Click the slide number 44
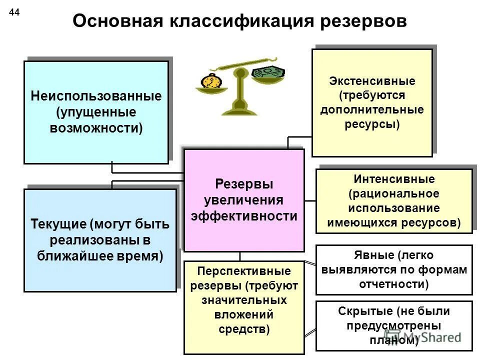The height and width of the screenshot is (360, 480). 14,13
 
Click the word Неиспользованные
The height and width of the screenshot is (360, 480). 96,95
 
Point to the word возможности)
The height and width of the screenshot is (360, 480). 96,127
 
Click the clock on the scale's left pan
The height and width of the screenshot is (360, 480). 210,81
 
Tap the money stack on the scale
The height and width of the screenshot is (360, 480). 268,72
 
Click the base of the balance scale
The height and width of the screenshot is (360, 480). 239,109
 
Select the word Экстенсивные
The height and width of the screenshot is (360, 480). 372,81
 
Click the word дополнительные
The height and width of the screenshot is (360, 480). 372,110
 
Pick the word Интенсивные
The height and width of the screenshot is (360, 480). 394,178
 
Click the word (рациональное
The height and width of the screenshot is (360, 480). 394,193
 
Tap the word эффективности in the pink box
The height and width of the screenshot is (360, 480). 244,216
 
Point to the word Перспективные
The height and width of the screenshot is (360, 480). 244,271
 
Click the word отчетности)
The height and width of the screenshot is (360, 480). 394,284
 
